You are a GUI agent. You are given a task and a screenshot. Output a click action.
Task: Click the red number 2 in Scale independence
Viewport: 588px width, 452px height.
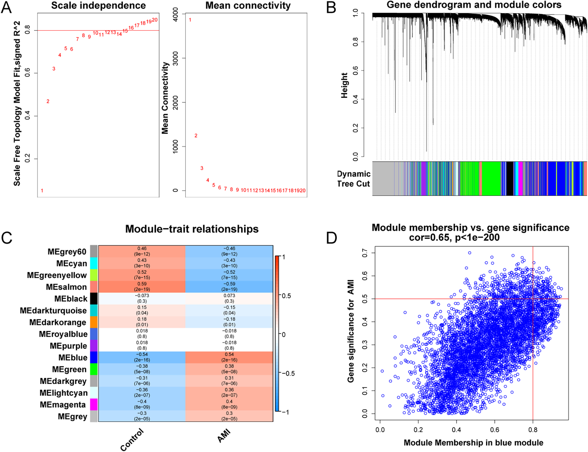coord(48,101)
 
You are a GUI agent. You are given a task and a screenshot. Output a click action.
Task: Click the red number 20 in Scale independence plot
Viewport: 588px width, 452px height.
coord(155,20)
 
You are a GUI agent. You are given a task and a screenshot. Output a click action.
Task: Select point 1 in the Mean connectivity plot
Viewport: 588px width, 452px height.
coord(190,20)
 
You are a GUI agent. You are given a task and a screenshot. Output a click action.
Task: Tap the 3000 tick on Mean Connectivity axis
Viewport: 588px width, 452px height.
coord(175,58)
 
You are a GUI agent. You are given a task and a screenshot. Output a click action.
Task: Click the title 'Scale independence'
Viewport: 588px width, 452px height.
coord(98,5)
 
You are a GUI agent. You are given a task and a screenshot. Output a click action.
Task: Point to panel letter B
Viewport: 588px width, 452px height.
coord(331,8)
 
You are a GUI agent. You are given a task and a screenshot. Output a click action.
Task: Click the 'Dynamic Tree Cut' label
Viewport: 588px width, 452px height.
coord(353,179)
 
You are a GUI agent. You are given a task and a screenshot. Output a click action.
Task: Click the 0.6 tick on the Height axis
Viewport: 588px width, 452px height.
coord(356,70)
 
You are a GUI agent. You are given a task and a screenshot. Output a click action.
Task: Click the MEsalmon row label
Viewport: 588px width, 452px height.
coord(66,287)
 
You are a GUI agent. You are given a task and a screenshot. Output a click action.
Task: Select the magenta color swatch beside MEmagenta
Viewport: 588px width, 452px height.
coord(94,404)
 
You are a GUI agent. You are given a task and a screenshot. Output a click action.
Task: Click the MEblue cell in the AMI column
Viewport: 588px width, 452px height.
coord(229,357)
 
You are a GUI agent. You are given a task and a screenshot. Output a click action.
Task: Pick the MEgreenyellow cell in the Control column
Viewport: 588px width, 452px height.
coord(142,275)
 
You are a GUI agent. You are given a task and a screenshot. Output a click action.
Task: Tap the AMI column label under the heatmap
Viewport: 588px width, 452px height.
coord(224,436)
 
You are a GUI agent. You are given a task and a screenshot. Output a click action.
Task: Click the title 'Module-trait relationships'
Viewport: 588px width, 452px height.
coord(192,229)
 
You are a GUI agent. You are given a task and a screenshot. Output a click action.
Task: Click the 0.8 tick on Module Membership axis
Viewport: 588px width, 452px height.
coord(533,430)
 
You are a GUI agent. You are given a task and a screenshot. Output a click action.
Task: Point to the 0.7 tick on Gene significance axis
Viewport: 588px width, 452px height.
coord(365,253)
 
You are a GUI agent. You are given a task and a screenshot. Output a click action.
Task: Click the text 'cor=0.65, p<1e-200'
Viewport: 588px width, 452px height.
coord(454,238)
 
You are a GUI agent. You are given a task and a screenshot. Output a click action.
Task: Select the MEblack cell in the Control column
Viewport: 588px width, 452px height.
coord(142,298)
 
